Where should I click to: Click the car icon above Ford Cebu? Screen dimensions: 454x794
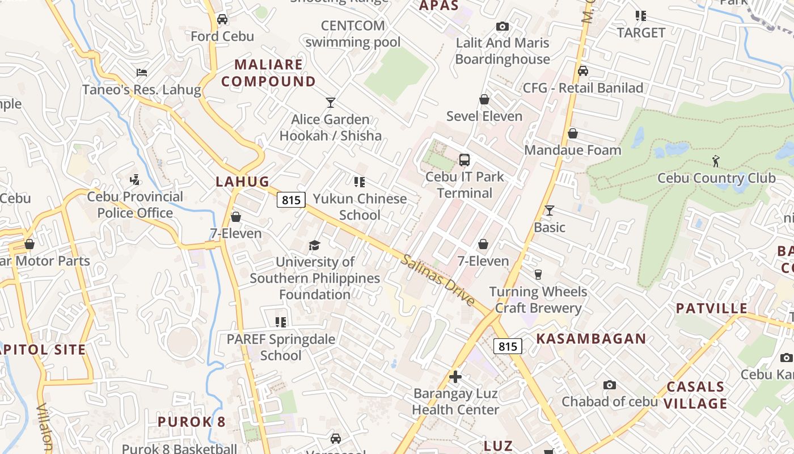click(222, 19)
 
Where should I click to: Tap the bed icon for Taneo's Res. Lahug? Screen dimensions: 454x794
click(142, 73)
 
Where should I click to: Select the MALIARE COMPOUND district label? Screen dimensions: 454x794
click(268, 73)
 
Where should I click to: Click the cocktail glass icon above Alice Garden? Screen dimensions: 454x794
click(331, 103)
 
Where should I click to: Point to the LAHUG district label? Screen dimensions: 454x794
click(242, 182)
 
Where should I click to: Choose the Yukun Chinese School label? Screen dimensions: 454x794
click(360, 207)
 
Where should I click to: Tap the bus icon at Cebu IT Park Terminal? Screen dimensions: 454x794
click(464, 160)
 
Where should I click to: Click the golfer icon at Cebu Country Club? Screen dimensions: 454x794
click(716, 161)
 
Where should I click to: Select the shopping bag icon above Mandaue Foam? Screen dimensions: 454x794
click(573, 133)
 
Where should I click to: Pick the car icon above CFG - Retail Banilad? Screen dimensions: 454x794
click(582, 71)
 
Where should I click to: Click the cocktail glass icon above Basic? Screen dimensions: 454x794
click(549, 211)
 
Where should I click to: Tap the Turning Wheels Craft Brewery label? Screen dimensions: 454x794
click(538, 300)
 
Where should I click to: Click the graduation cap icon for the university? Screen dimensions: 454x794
click(314, 245)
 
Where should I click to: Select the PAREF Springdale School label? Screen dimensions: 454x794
click(281, 347)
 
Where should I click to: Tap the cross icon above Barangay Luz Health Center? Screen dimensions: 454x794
click(455, 376)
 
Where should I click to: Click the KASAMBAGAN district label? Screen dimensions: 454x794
click(591, 339)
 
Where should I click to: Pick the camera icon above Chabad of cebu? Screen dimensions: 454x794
click(610, 385)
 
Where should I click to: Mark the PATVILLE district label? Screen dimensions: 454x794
click(711, 308)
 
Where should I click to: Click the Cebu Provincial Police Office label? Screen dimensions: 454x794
click(135, 205)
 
